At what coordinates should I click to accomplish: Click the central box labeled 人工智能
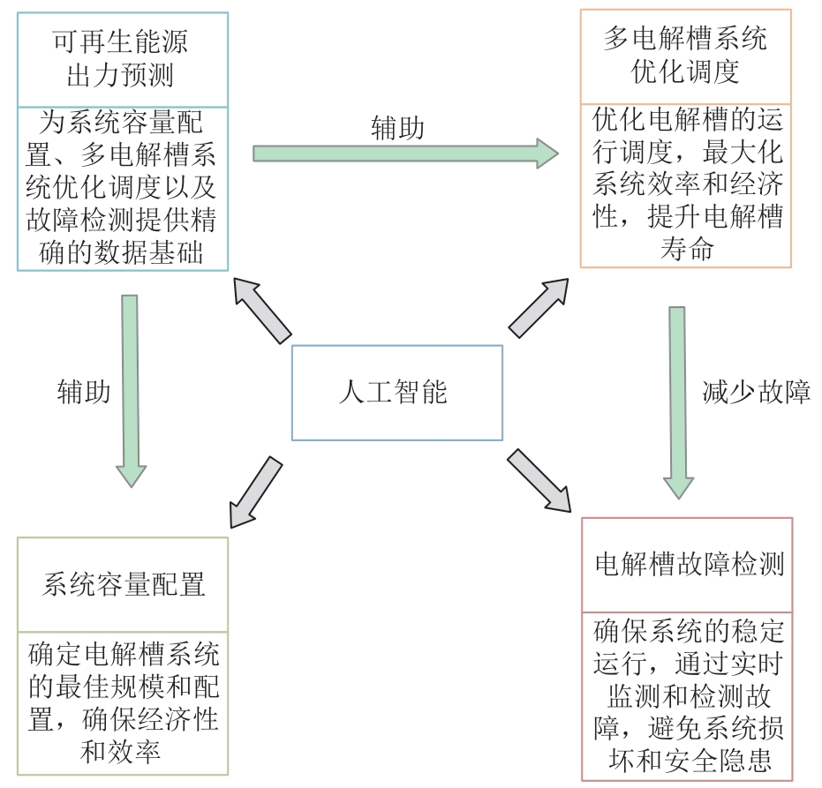[396, 392]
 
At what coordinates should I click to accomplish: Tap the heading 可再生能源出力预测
[122, 58]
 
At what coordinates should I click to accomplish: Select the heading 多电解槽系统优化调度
[685, 55]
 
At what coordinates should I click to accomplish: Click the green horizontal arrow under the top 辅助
[405, 154]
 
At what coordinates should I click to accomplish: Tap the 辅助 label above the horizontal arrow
[397, 129]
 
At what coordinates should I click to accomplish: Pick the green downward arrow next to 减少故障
[678, 402]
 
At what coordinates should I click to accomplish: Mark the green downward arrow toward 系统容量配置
[131, 389]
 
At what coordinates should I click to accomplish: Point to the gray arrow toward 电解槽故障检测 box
[539, 481]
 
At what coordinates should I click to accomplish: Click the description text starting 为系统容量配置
[122, 187]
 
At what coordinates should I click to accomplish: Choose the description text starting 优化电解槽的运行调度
[685, 175]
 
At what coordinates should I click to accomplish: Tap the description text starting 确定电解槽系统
[123, 700]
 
